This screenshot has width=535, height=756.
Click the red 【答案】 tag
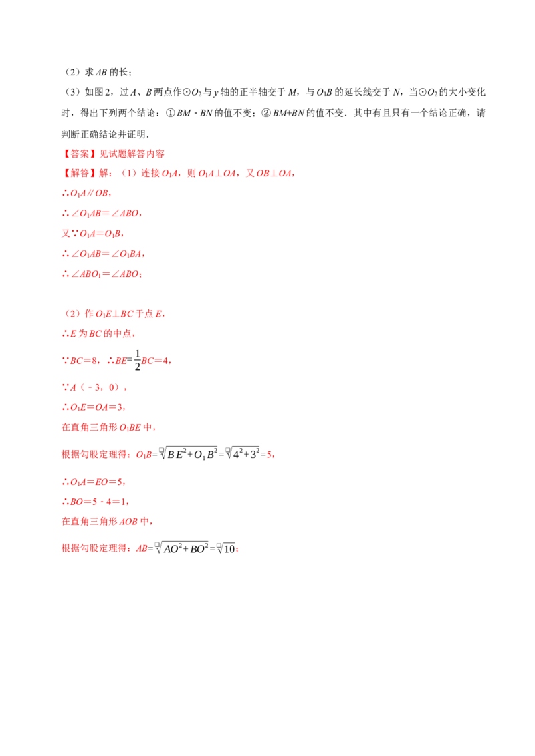[80, 154]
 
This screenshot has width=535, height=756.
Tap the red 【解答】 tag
[80, 173]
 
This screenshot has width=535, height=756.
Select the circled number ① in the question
[170, 113]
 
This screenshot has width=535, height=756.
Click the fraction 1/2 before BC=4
[137, 360]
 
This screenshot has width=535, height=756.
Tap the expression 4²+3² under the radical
[246, 454]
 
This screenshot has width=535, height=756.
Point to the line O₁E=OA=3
[93, 407]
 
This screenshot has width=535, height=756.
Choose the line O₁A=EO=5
[93, 482]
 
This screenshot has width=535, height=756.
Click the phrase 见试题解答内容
[132, 154]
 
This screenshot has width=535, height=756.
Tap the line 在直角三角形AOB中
[107, 521]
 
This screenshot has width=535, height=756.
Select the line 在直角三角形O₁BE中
[108, 427]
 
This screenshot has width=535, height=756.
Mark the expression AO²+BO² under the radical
[186, 548]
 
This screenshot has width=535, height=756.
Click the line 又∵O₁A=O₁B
[93, 234]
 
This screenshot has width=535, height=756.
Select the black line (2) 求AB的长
[98, 72]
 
